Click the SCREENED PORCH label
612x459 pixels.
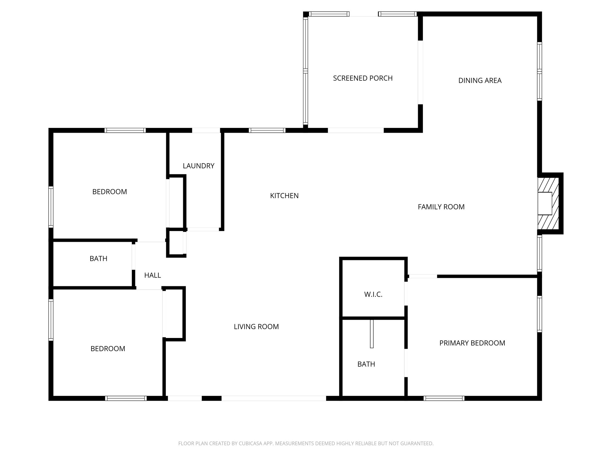[x=363, y=78]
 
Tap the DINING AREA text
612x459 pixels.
[x=480, y=80]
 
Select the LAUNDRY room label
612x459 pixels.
[x=198, y=166]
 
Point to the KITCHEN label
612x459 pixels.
[x=284, y=196]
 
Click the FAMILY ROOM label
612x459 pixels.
[x=441, y=207]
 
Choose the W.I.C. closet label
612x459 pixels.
[x=373, y=294]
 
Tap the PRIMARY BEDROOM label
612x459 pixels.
[x=472, y=343]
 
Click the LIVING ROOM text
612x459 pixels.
[x=256, y=327]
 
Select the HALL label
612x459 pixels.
[x=152, y=275]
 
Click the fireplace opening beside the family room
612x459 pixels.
[x=545, y=204]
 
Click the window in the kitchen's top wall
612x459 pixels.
[x=267, y=130]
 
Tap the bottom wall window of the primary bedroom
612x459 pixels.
[x=444, y=398]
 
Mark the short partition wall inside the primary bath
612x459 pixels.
[x=372, y=334]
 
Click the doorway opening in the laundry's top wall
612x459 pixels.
[x=206, y=130]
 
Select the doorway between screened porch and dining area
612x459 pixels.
[x=420, y=72]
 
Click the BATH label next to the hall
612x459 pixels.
[x=98, y=258]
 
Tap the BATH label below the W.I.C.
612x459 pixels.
[x=366, y=364]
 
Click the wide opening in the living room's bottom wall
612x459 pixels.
[x=273, y=398]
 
